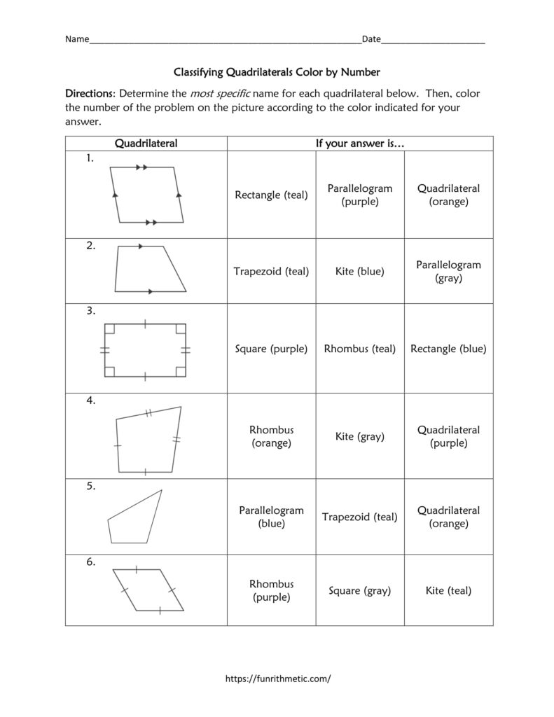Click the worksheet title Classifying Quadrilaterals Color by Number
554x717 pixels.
pos(276,72)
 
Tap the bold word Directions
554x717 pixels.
pos(90,93)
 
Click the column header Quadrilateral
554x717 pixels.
pos(146,144)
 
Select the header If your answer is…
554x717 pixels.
pos(360,144)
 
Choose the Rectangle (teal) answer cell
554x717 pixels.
pos(271,195)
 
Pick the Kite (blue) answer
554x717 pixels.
pos(360,272)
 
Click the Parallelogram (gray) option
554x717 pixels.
pos(448,272)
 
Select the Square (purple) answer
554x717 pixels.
pos(271,349)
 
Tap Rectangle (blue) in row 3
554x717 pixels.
pos(448,349)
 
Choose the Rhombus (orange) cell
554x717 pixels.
pos(271,436)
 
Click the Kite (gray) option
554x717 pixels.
pos(360,437)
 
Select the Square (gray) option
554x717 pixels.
pos(360,591)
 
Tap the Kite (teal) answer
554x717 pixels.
pos(448,591)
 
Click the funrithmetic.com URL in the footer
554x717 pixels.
pos(277,678)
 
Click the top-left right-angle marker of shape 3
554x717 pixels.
pos(109,328)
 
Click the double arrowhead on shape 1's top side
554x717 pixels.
pos(141,167)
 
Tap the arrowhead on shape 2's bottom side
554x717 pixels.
pos(150,291)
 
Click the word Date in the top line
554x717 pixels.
pos(371,40)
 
